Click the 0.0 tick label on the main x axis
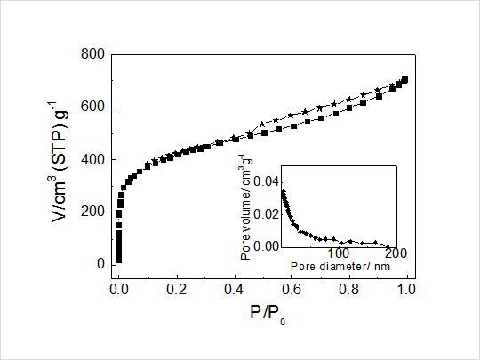[x=119, y=290]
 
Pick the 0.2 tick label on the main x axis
[x=177, y=290]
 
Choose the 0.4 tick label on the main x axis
[x=235, y=290]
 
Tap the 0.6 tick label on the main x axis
[x=292, y=290]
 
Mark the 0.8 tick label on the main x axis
[x=350, y=290]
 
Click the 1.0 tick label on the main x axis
[x=407, y=290]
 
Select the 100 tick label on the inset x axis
[x=339, y=254]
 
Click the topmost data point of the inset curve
[x=283, y=191]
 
